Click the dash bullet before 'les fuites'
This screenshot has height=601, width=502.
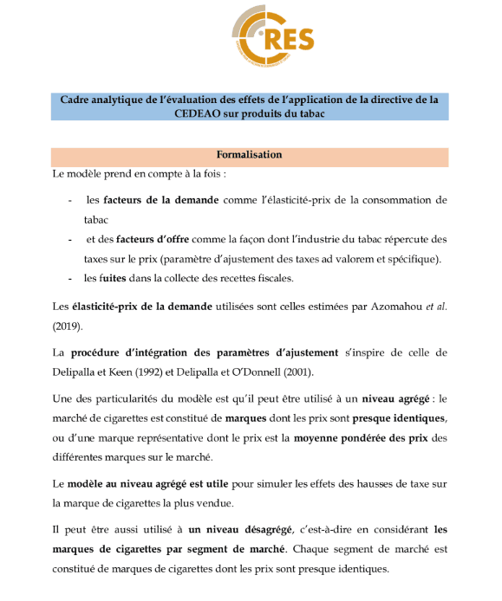(x=69, y=278)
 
